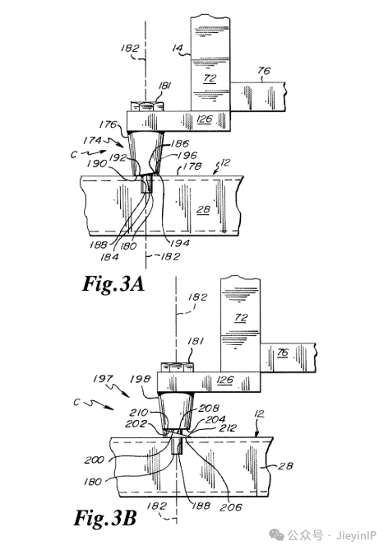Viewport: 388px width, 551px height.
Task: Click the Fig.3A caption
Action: (113, 284)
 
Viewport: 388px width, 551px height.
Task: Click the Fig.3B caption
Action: (105, 517)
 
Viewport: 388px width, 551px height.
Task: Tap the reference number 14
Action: (178, 48)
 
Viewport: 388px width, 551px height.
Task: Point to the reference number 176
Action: (108, 124)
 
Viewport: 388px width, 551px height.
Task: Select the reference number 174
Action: (92, 140)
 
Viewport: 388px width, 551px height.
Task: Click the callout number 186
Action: (180, 143)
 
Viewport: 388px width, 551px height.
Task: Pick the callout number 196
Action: (188, 155)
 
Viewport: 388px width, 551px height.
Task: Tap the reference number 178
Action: (192, 166)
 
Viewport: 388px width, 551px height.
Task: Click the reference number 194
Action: (180, 243)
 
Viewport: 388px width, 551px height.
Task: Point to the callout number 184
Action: (109, 257)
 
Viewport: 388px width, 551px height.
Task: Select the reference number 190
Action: (97, 163)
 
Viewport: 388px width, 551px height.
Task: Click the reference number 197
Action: (103, 379)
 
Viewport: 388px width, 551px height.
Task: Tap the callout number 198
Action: (141, 379)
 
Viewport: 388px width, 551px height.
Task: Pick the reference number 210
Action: (139, 412)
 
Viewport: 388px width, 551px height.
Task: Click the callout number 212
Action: (228, 427)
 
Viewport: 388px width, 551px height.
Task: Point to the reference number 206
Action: (230, 507)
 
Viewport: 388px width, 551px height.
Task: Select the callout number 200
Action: (95, 460)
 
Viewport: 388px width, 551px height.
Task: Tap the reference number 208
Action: (209, 408)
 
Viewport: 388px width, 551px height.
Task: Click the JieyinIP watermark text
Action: (356, 536)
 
